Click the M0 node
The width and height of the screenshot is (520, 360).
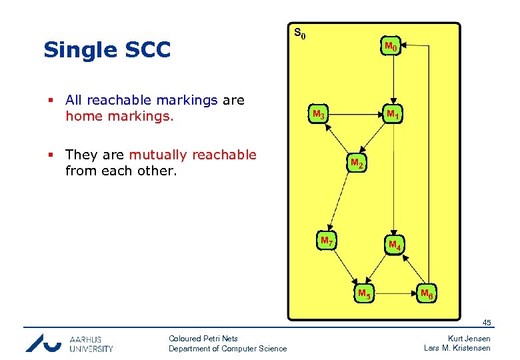[x=391, y=47]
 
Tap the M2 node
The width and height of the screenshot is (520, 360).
[x=357, y=163]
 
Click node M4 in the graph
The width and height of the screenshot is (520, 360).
[x=395, y=245]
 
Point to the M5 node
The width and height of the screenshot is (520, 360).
[x=364, y=292]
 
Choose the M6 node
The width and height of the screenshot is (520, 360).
[x=427, y=292]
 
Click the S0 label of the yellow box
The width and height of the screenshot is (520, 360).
[x=300, y=33]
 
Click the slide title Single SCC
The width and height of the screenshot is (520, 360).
[x=107, y=50]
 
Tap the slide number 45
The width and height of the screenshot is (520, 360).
[x=487, y=323]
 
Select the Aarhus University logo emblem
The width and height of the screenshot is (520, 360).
[x=43, y=343]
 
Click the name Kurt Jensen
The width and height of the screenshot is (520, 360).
[x=469, y=339]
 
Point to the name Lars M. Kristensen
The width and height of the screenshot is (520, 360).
[x=457, y=348]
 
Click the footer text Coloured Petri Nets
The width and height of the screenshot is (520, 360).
[x=203, y=339]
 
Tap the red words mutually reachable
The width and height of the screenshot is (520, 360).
[x=193, y=155]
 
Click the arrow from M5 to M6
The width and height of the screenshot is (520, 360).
[x=395, y=292]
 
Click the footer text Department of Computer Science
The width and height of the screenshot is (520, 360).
[x=227, y=348]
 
